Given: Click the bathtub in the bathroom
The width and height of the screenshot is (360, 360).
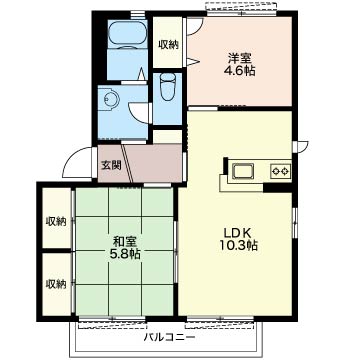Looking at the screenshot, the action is [x=128, y=34].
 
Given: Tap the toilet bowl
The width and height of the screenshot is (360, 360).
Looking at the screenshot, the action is [x=167, y=86].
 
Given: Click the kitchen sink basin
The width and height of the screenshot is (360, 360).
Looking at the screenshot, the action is [x=243, y=172].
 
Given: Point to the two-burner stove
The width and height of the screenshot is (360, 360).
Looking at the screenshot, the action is [x=280, y=172].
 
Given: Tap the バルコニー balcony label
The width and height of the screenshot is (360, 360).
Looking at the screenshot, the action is [x=169, y=337].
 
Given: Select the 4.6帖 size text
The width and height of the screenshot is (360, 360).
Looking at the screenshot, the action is [x=239, y=71].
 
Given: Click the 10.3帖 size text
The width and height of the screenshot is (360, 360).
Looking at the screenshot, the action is [x=238, y=245].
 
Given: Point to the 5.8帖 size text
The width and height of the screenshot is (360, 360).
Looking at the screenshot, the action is [x=125, y=254].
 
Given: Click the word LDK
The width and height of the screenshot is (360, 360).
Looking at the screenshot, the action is [x=239, y=233].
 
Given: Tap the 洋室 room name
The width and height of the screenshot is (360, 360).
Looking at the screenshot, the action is [x=239, y=58].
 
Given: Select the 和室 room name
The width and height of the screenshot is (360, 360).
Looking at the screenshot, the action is [x=125, y=241].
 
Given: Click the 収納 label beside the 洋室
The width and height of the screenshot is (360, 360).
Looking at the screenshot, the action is [x=168, y=44].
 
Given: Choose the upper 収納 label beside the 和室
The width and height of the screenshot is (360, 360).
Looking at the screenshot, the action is [x=56, y=221].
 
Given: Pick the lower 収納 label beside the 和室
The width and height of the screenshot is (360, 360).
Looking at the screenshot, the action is [x=56, y=284].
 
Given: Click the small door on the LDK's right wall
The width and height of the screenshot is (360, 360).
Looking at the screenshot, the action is [x=302, y=147].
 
